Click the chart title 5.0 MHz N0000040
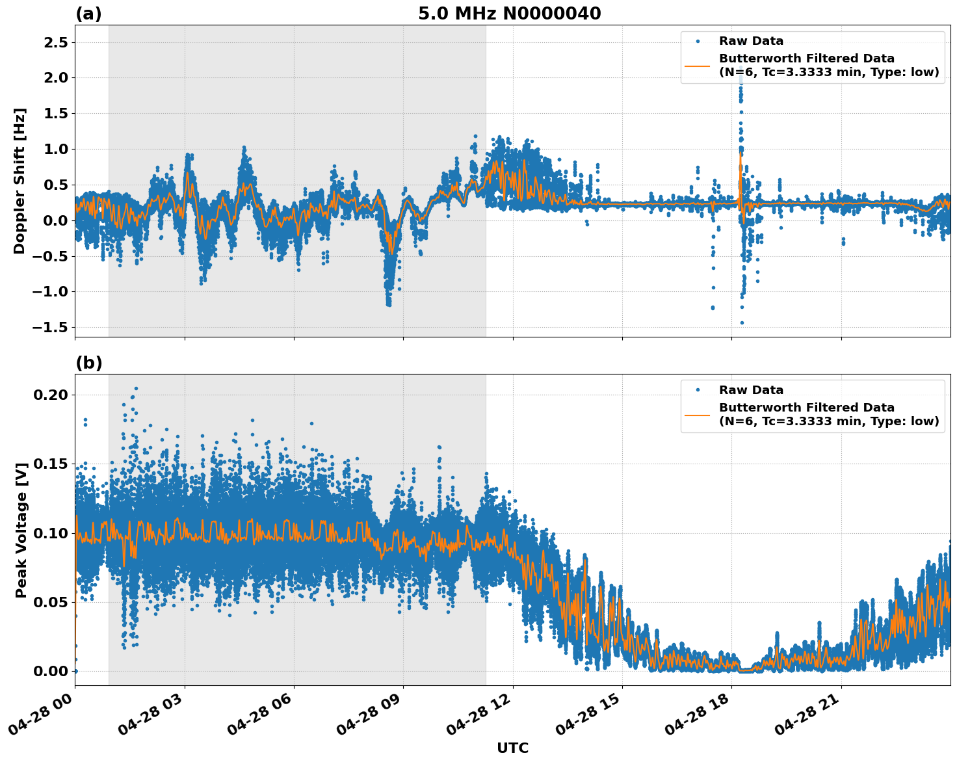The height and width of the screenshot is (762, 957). coord(509,14)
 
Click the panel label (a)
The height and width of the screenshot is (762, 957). coord(88,14)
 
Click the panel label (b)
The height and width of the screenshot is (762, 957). coord(88,363)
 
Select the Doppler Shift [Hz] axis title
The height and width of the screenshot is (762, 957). coord(20,181)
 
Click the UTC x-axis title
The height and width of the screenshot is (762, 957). coord(512,748)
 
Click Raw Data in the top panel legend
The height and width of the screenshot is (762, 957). coord(751,42)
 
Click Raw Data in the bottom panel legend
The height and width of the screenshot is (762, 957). coord(751,390)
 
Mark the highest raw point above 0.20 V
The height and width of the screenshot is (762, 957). coord(136,388)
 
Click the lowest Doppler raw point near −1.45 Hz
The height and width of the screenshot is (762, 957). coord(742,322)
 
